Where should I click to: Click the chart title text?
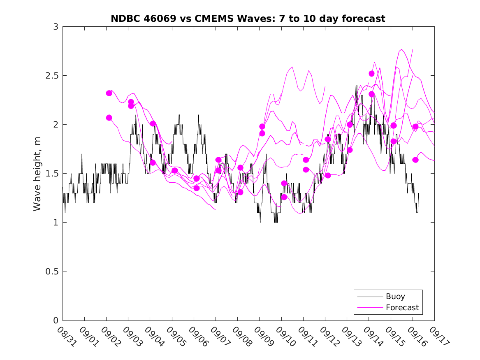(x=248, y=19)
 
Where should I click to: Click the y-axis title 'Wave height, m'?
(x=37, y=173)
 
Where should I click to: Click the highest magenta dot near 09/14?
(x=371, y=74)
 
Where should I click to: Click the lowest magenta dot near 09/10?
(x=284, y=197)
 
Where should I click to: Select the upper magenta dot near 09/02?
(x=109, y=93)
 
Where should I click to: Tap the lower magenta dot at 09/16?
(x=415, y=160)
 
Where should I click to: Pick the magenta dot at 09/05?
(x=175, y=170)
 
